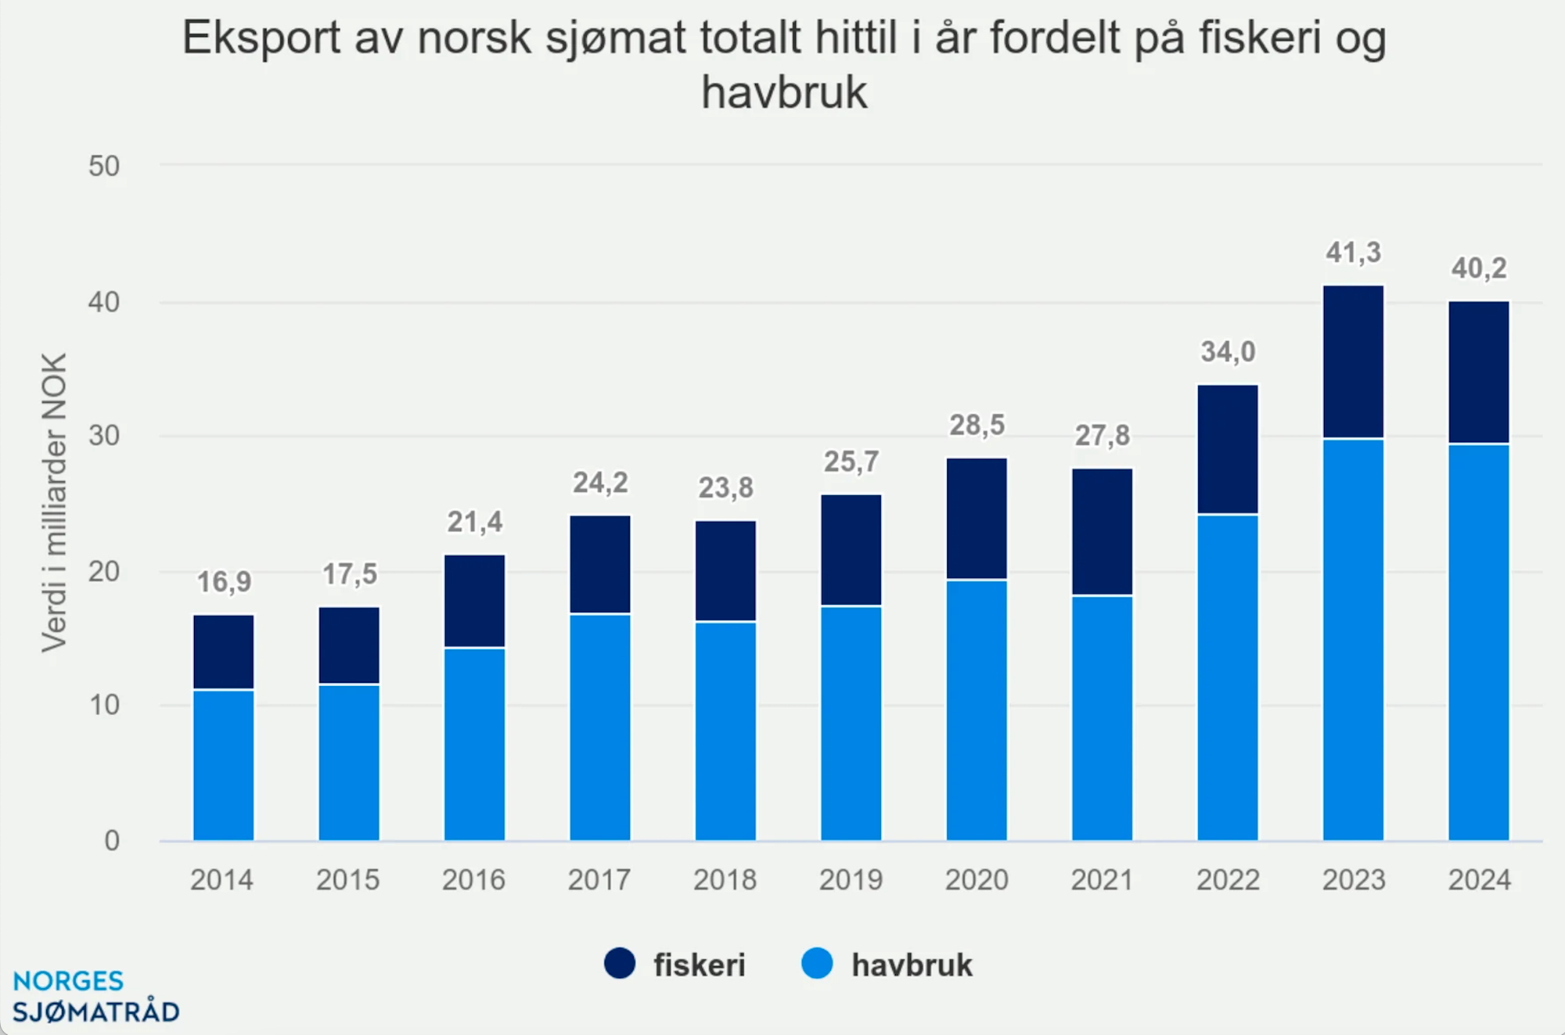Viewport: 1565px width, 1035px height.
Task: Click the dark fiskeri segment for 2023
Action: click(x=1353, y=361)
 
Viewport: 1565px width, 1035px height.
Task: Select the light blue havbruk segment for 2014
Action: click(x=224, y=765)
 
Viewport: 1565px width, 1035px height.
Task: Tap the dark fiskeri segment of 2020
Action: click(x=977, y=519)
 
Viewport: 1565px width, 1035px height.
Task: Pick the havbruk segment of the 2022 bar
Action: click(x=1228, y=677)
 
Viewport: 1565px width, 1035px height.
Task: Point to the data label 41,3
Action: click(x=1353, y=253)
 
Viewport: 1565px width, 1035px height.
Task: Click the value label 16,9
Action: click(x=224, y=582)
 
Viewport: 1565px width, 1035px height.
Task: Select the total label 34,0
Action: click(x=1228, y=352)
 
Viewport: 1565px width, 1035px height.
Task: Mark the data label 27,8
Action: click(x=1102, y=436)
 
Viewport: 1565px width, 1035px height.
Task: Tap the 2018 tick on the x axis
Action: click(x=725, y=880)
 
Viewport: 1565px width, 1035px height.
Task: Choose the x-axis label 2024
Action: click(x=1479, y=880)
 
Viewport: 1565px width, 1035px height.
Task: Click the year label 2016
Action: click(x=473, y=880)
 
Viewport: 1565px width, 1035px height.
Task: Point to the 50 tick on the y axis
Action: click(x=104, y=167)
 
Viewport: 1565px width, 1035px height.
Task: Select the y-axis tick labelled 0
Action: click(x=112, y=841)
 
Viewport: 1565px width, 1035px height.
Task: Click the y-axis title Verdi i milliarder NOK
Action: click(x=55, y=502)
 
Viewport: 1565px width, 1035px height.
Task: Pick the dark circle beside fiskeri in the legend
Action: click(x=620, y=964)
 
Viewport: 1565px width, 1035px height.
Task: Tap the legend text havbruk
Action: click(x=912, y=965)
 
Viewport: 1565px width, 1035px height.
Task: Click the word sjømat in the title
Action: click(x=615, y=38)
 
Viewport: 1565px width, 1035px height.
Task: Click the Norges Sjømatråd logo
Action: click(x=95, y=997)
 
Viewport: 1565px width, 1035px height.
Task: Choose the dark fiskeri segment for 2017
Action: click(x=600, y=564)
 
